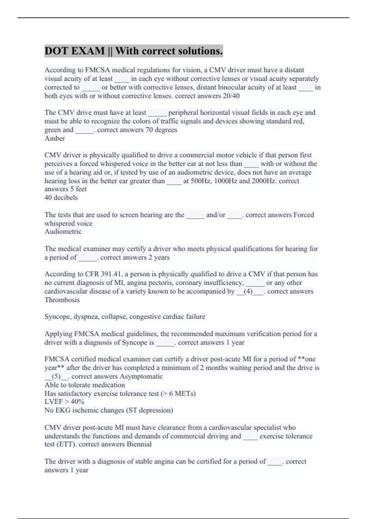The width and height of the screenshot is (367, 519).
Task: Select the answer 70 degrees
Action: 161,130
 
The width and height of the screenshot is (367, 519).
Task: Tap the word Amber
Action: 55,138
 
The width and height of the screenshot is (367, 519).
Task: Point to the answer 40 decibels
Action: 61,198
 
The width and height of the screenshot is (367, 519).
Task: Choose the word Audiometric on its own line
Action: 63,231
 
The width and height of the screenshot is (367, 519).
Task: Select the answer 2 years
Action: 159,257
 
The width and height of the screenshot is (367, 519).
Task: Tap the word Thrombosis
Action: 62,300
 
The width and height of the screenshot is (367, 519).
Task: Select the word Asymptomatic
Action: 141,376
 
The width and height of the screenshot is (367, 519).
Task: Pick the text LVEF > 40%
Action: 64,401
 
